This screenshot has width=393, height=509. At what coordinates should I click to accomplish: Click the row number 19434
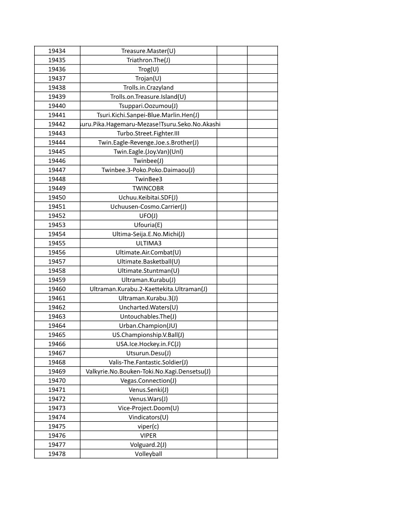tap(57, 51)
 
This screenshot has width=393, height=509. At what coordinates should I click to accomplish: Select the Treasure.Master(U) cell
tap(148, 51)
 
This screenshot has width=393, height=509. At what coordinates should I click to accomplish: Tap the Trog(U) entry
tap(148, 69)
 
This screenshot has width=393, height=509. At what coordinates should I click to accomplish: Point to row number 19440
tap(57, 106)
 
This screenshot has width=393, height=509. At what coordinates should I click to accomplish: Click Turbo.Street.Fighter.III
tap(148, 134)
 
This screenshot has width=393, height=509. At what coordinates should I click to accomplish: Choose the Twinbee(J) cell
tap(148, 161)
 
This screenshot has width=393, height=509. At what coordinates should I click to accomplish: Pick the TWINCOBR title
tap(148, 188)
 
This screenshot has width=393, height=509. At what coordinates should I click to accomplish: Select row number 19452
tap(57, 216)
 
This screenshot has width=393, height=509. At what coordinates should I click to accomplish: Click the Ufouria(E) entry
tap(148, 225)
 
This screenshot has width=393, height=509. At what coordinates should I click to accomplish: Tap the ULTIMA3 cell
tap(148, 243)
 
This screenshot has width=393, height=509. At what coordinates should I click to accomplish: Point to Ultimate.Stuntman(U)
tap(148, 271)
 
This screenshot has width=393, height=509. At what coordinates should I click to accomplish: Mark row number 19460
tap(57, 289)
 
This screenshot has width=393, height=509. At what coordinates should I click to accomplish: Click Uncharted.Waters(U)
tap(148, 308)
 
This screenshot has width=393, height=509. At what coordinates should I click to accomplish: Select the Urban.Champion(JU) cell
tap(148, 326)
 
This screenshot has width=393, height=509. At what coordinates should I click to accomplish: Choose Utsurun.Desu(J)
tap(148, 353)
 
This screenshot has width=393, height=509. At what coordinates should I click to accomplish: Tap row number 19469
tap(57, 372)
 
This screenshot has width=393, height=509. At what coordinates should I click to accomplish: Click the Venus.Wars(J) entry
tap(148, 399)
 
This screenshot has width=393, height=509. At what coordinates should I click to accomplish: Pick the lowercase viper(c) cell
tap(148, 427)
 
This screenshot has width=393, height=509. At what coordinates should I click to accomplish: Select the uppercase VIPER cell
tap(148, 436)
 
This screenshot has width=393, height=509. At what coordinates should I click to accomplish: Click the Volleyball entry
tap(148, 454)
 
